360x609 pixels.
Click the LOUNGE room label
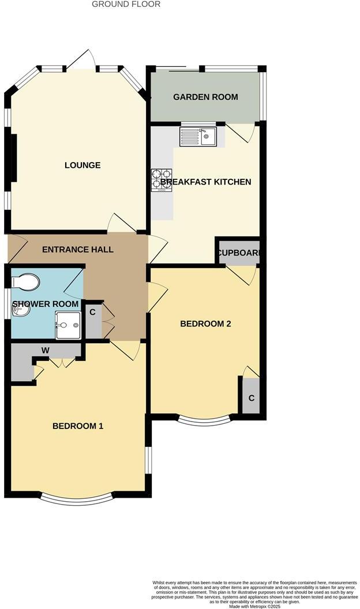coord(82,166)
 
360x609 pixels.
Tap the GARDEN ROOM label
coord(205,97)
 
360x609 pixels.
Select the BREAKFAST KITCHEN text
coord(206,182)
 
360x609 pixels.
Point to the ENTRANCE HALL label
coord(77,250)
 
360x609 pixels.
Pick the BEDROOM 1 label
coord(78,426)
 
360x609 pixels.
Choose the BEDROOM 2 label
coord(205,324)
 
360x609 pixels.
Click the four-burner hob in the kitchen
coord(162,179)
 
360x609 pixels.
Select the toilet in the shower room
coord(27,282)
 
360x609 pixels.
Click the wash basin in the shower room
coord(20,311)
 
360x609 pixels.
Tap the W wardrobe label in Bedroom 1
coord(44,349)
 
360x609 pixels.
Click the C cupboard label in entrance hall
coord(92,312)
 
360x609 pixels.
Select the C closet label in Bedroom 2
coord(251,398)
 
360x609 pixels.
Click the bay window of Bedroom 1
coord(77,497)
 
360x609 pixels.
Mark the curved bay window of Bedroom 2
coord(205,419)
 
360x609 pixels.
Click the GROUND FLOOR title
coord(126,4)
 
